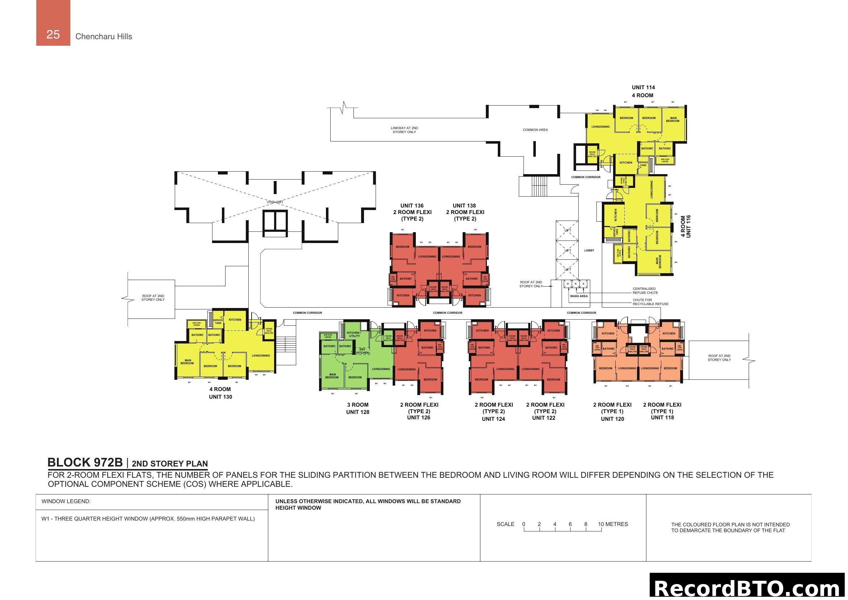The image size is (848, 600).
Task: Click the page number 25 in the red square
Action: (53, 34)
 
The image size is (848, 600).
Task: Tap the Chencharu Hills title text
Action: (103, 37)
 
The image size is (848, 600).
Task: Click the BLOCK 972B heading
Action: (85, 463)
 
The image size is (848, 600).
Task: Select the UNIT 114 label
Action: (643, 87)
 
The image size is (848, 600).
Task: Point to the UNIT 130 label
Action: (220, 397)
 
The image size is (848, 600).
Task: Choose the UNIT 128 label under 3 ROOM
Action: (357, 412)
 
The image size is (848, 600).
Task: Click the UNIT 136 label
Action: (412, 206)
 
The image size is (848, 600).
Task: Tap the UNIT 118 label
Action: (662, 418)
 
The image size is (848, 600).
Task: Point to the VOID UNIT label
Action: (275, 202)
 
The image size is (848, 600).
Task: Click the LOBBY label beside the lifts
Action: (589, 251)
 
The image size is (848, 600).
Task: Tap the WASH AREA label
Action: (579, 296)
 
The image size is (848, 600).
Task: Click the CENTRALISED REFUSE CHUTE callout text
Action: (645, 291)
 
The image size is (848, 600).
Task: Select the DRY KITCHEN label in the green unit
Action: (362, 351)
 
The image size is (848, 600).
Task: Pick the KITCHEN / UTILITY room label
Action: (354, 334)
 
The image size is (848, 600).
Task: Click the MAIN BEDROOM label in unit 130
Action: (187, 362)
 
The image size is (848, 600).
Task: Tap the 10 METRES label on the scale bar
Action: (613, 524)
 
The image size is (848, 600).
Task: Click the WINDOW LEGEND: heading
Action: (66, 501)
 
